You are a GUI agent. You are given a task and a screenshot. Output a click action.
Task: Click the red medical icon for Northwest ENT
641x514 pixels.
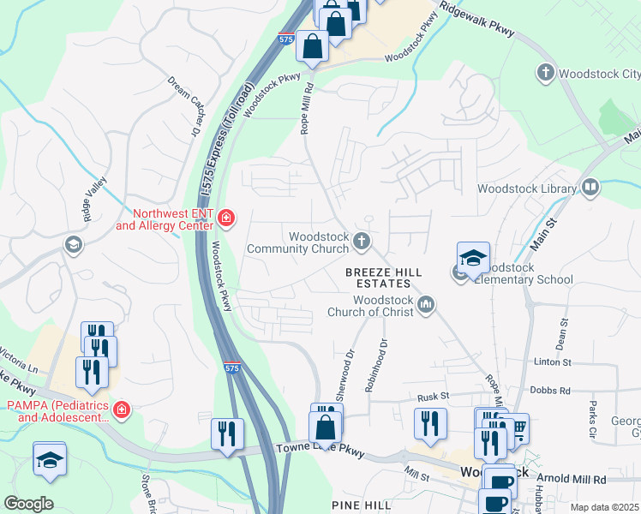click(x=226, y=218)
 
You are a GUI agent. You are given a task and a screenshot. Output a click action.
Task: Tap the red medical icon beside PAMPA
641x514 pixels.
click(x=122, y=410)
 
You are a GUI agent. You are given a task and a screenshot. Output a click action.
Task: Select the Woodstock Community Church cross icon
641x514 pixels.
click(x=362, y=242)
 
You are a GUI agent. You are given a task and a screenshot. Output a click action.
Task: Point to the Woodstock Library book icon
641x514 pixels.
click(x=590, y=188)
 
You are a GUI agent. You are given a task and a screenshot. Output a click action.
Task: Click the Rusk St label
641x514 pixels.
click(x=434, y=397)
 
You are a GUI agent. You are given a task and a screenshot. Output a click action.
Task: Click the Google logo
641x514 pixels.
click(x=28, y=504)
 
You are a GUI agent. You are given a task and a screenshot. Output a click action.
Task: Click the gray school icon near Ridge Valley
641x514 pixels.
click(x=75, y=246)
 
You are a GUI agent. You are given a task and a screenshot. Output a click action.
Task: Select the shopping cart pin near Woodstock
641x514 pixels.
click(x=514, y=428)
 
